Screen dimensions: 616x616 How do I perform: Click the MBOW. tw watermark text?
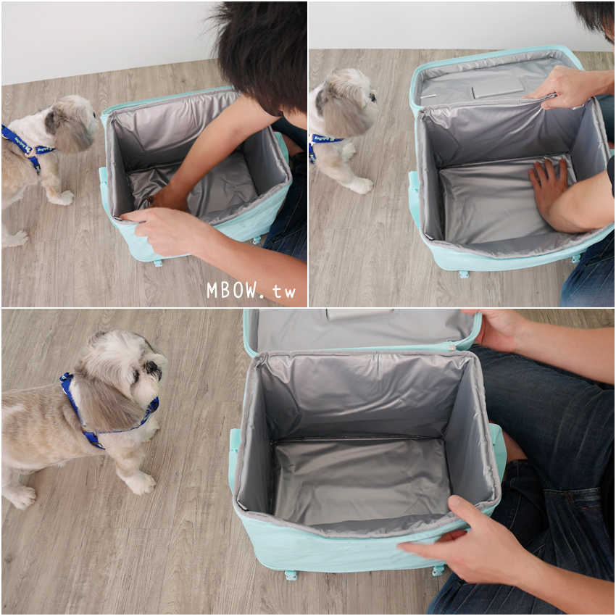coord(251,291)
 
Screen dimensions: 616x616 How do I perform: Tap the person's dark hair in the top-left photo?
coord(260,51)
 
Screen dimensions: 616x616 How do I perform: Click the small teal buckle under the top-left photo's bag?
coord(158,263)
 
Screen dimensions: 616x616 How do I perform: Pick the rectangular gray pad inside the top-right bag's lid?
coord(498,87)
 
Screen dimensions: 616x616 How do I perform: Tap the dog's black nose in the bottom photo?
coord(152,367)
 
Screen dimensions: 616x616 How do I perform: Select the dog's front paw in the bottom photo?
coord(141,483)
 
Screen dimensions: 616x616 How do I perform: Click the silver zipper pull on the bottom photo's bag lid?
coord(451,346)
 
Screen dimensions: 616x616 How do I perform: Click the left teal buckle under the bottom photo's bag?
coord(291,575)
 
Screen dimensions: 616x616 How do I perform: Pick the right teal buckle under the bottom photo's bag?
coord(438,570)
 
